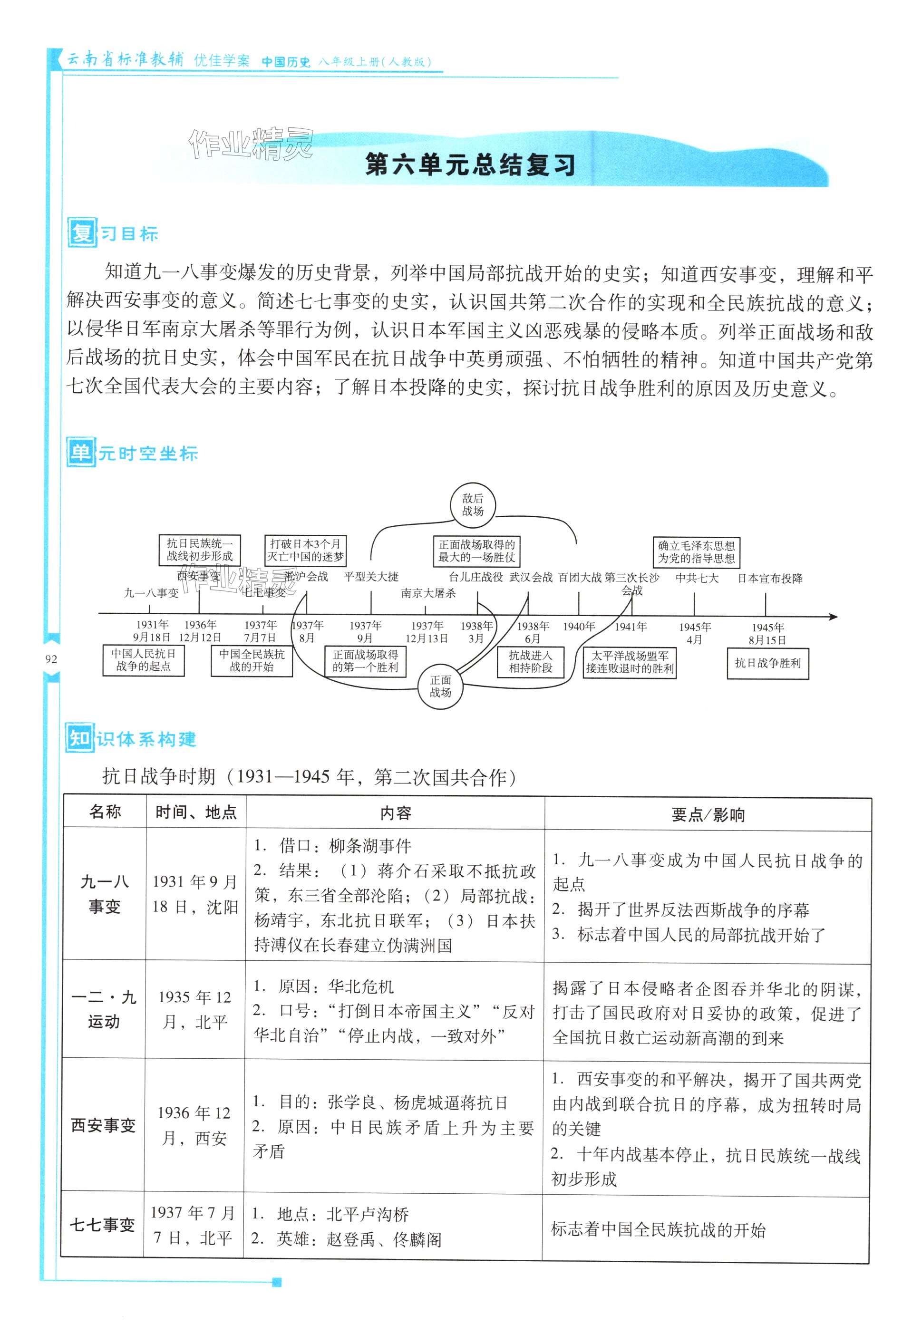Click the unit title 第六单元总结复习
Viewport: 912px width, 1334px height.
pyautogui.click(x=470, y=166)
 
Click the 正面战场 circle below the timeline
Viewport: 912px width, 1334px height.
pyautogui.click(x=440, y=686)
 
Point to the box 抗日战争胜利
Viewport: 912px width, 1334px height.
pyautogui.click(x=767, y=664)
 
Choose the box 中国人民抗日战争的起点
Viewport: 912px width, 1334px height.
pyautogui.click(x=144, y=660)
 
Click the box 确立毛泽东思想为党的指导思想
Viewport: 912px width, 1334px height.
pyautogui.click(x=696, y=551)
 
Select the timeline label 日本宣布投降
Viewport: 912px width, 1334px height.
pyautogui.click(x=770, y=579)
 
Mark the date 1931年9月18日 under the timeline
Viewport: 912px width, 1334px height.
pyautogui.click(x=152, y=631)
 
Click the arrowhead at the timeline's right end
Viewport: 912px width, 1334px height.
pyautogui.click(x=834, y=617)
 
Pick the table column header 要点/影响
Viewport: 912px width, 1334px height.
pyautogui.click(x=708, y=814)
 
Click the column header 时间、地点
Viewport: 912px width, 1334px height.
pyautogui.click(x=196, y=812)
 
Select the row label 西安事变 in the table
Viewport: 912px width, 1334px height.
pyautogui.click(x=103, y=1125)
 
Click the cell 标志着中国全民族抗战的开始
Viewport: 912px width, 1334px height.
pyautogui.click(x=658, y=1229)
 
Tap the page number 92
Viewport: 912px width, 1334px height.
pyautogui.click(x=51, y=659)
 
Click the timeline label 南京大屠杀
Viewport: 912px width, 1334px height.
pyautogui.click(x=428, y=593)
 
